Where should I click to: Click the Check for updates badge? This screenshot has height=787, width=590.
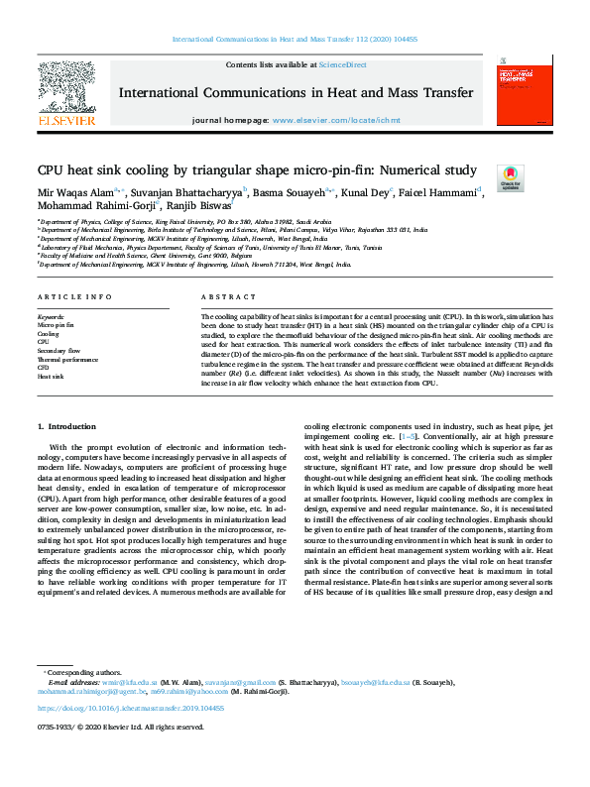pos(510,178)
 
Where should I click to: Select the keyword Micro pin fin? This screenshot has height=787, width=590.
pos(56,324)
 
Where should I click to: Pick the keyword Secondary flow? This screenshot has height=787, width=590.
pos(59,351)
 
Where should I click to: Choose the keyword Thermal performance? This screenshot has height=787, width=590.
pos(68,359)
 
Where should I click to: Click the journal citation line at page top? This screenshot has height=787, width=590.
pos(295,39)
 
